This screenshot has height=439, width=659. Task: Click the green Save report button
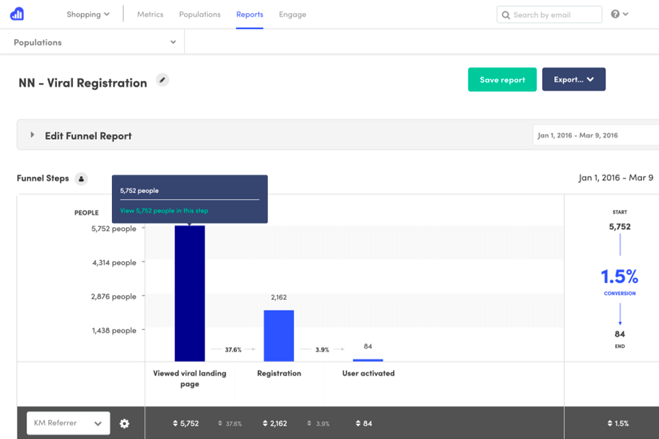[502, 80]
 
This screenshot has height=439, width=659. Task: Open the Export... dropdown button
[573, 80]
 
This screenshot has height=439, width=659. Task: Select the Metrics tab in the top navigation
[150, 14]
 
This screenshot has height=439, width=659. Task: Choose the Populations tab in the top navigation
[200, 14]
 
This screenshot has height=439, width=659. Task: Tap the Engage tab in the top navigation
[292, 14]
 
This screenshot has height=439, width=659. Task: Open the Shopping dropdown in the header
[88, 14]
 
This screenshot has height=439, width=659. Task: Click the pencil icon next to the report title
[162, 80]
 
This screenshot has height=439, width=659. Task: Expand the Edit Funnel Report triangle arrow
[32, 136]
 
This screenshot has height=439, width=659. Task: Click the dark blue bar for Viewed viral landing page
[189, 295]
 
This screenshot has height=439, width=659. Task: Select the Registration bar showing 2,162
[279, 335]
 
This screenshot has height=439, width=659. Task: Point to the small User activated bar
[368, 359]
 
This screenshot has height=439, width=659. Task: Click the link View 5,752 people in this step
[164, 211]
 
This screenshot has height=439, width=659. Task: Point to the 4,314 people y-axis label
[114, 263]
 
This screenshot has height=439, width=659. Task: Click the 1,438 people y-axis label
[114, 331]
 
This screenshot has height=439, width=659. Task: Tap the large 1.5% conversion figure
[619, 276]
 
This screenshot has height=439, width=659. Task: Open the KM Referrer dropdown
[68, 423]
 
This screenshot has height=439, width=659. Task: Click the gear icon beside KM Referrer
[124, 423]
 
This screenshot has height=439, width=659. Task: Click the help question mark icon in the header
[616, 14]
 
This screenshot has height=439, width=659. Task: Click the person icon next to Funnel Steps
[81, 179]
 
